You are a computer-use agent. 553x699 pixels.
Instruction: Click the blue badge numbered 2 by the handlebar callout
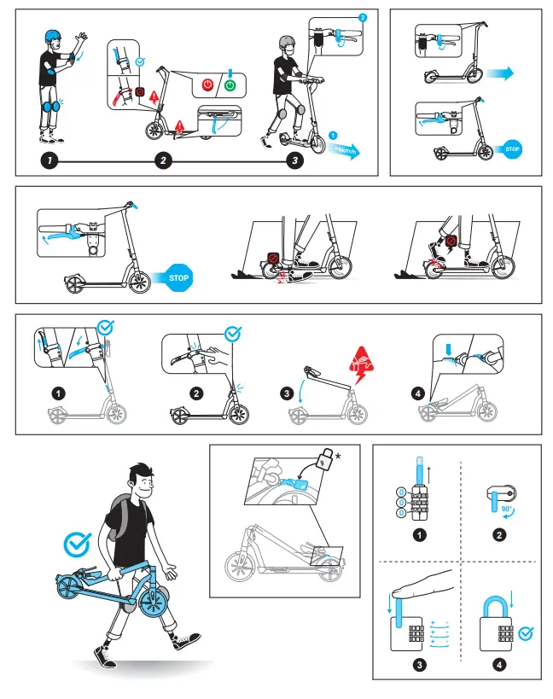pos(364,17)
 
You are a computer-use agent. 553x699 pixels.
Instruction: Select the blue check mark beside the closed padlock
pos(527,632)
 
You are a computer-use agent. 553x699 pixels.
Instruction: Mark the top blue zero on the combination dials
pos(400,492)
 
